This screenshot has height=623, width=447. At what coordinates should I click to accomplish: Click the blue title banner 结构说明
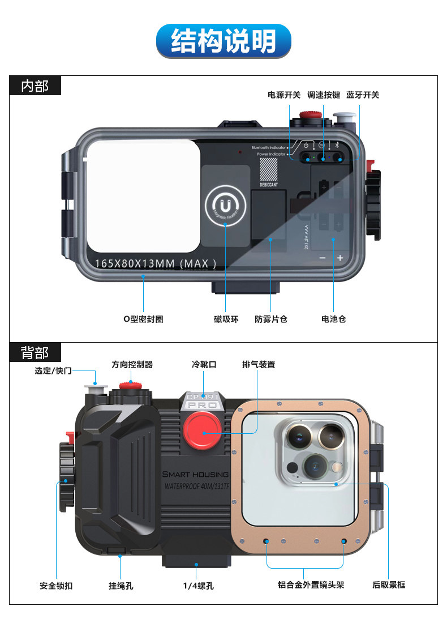pos(223,41)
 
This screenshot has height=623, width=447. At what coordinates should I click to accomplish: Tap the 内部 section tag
pos(35,86)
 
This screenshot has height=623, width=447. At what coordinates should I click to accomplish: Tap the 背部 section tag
pos(35,353)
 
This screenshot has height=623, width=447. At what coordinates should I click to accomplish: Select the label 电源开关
pos(284,95)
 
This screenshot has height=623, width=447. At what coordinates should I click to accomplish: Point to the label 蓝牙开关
pos(363,95)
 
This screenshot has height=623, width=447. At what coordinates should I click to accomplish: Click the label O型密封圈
pos(144,319)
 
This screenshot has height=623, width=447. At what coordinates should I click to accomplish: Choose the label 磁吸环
pos(226,319)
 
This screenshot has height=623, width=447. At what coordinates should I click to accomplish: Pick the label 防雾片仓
pos(271,319)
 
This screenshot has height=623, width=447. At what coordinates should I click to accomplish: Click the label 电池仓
pos(333,319)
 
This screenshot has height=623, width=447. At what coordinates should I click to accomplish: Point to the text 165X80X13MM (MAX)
pos(156,263)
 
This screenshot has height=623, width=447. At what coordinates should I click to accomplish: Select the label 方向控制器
pos(132,365)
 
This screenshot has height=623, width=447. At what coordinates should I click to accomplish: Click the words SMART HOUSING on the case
pos(195,474)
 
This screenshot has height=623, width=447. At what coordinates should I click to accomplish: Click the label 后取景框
pos(389,585)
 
